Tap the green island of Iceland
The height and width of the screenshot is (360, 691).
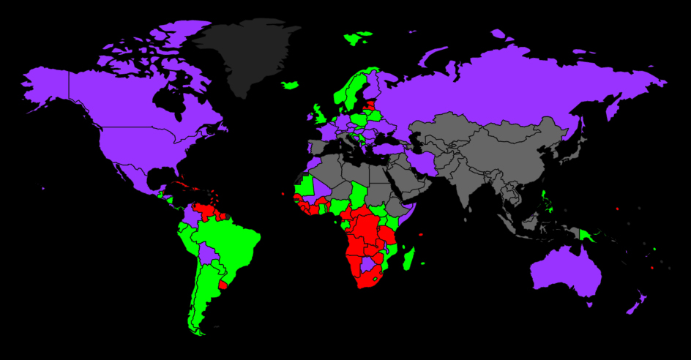tap(291, 85)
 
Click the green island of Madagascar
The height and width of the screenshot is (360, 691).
tap(409, 258)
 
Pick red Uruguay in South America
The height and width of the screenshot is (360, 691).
tap(223, 282)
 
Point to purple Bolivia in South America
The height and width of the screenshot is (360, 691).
tap(208, 254)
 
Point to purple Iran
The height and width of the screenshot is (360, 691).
tap(422, 161)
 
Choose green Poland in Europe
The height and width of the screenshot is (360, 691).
tap(360, 117)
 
